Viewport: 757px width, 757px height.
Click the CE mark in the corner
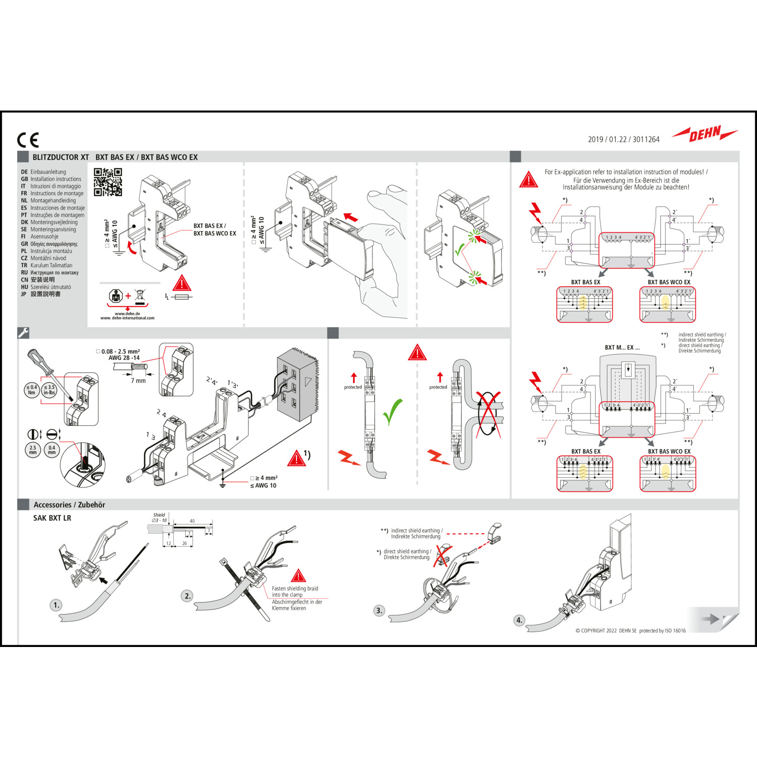click(x=28, y=140)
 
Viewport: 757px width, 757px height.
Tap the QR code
click(x=107, y=182)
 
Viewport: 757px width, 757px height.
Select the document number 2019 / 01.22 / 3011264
click(x=623, y=139)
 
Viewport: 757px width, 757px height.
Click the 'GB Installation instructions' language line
click(x=51, y=179)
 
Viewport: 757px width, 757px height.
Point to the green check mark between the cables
click(x=392, y=411)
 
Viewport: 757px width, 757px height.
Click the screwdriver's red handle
click(x=40, y=360)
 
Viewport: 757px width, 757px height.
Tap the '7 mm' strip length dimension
click(x=138, y=381)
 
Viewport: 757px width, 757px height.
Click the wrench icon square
click(x=23, y=333)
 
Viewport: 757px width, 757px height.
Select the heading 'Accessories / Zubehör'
click(x=69, y=505)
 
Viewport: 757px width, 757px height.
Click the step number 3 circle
click(x=379, y=611)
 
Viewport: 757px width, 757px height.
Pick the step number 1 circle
click(x=56, y=605)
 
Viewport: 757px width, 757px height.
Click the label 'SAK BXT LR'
click(x=52, y=518)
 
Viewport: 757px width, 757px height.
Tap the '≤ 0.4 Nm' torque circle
click(x=32, y=390)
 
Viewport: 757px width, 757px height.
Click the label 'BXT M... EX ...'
click(x=622, y=347)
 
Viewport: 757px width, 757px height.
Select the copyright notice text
click(x=630, y=630)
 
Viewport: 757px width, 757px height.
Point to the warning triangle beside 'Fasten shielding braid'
click(x=298, y=576)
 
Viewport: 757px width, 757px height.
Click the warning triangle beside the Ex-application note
click(x=528, y=180)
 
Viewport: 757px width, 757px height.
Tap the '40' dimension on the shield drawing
click(x=192, y=521)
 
